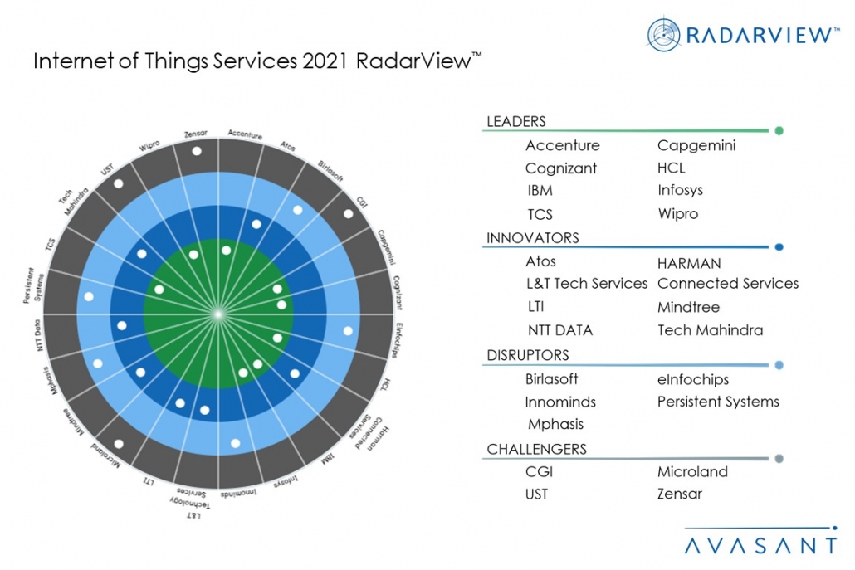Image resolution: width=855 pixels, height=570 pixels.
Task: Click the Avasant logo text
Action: (760, 545)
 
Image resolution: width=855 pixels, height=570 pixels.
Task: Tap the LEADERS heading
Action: (515, 122)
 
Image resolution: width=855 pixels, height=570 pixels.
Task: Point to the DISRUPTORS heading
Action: (527, 355)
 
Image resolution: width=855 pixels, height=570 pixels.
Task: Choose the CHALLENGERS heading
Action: (536, 449)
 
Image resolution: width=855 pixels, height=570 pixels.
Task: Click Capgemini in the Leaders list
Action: (696, 146)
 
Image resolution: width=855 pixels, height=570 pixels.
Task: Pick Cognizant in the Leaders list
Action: (560, 168)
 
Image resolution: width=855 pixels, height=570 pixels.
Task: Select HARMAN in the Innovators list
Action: (689, 262)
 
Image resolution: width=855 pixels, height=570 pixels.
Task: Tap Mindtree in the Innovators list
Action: (688, 307)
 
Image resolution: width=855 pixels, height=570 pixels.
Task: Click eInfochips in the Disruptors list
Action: (692, 379)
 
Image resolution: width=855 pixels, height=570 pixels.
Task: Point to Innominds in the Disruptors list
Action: (560, 402)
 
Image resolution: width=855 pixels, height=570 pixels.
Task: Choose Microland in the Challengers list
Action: (692, 471)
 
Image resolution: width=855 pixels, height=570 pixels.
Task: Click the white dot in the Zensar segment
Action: (196, 151)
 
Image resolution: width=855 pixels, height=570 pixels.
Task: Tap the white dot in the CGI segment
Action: (348, 214)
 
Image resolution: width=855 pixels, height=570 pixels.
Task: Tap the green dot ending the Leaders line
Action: (779, 130)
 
